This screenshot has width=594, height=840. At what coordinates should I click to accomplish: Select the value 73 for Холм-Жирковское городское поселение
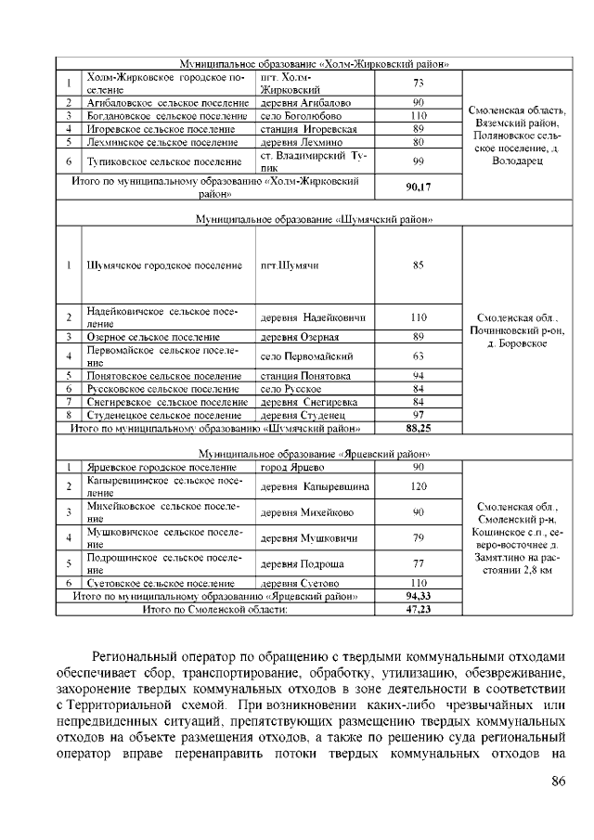coord(418,84)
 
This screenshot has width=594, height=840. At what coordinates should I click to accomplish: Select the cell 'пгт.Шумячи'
coord(291,265)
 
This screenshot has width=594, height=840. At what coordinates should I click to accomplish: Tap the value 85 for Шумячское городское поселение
coord(418,265)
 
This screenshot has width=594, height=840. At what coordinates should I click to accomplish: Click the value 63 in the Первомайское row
coord(418,356)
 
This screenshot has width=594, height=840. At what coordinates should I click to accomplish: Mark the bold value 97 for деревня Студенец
coord(418,415)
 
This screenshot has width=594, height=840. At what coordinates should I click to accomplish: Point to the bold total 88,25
coord(418,429)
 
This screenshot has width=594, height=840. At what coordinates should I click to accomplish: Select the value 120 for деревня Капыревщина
coord(418,486)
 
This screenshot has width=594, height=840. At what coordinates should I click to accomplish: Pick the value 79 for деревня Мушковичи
coord(418,537)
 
